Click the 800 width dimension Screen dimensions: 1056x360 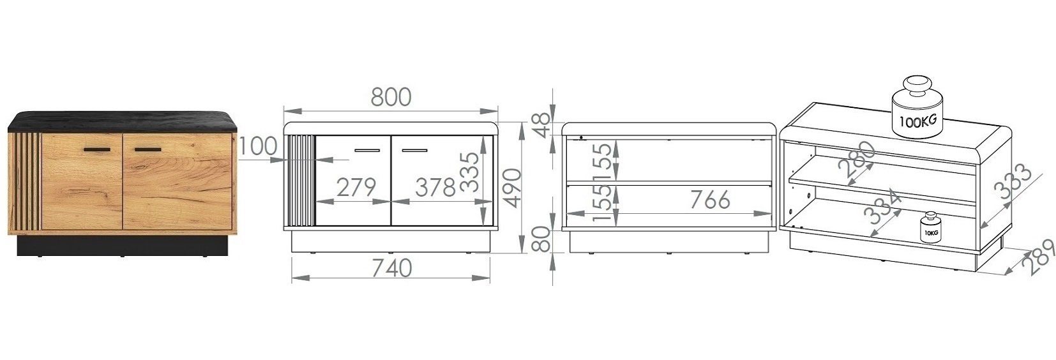391,97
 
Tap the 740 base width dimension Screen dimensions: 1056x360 391,268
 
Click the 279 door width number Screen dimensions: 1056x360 356,188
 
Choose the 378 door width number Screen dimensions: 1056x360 435,188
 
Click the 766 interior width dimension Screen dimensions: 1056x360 710,200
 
